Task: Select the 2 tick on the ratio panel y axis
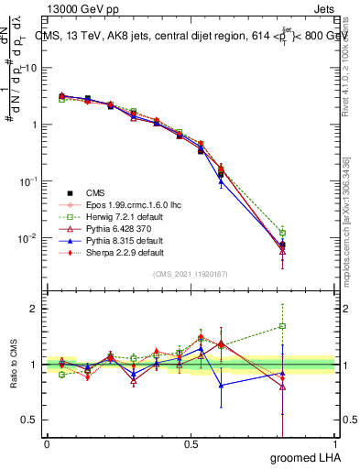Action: [35, 309]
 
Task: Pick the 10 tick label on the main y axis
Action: [29, 68]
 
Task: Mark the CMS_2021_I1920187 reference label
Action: [191, 274]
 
